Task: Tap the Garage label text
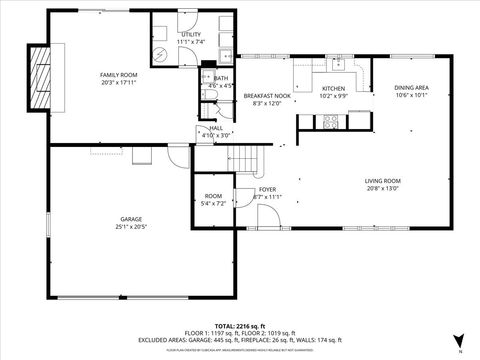point(130,220)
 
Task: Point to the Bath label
point(220,78)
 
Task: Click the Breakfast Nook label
point(267,94)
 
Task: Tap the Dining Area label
point(411,88)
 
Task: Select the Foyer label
point(267,189)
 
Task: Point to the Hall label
point(216,128)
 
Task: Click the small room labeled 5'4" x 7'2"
point(213,196)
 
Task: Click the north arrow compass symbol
point(458,340)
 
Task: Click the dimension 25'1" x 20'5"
point(130,228)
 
